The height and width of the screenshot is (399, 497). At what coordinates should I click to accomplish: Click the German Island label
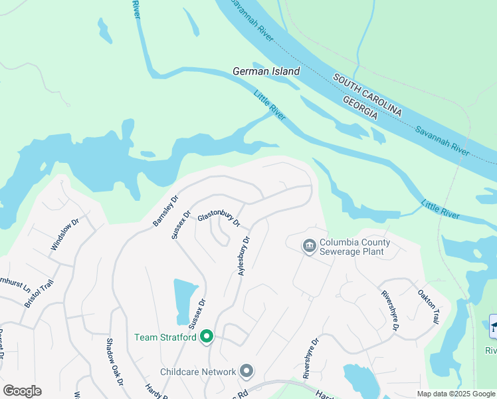pos(266,71)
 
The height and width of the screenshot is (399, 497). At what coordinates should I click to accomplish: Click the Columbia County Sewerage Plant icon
pos(309,247)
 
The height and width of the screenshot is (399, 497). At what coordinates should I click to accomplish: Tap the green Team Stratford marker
pos(207,337)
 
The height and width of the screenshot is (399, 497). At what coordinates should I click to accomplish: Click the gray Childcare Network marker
pos(247,371)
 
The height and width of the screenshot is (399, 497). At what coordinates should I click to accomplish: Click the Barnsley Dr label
pos(166,210)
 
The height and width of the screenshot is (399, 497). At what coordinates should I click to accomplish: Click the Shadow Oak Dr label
pos(115,362)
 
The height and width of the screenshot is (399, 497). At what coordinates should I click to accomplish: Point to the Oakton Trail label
pos(429,307)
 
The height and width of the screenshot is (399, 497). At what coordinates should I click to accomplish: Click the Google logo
pos(22,391)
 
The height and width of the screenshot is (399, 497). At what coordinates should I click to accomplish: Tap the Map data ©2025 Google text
pos(456,394)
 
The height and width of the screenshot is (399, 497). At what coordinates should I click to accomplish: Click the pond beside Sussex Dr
pos(185,301)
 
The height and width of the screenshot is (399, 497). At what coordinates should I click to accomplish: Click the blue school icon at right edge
pos(494,326)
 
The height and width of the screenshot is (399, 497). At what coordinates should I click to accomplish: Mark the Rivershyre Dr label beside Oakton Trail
pos(389,310)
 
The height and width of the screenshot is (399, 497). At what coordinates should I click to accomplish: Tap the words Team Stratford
pos(165,337)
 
